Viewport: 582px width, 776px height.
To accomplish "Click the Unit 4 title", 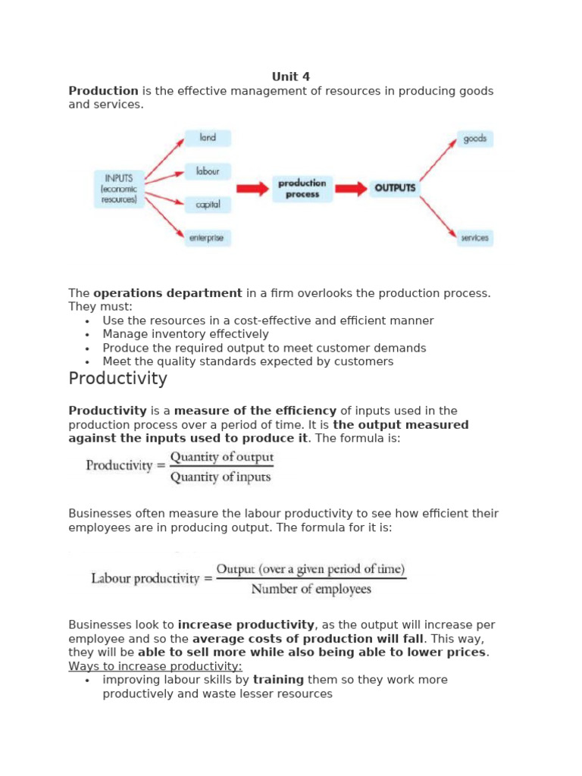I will tap(291, 77).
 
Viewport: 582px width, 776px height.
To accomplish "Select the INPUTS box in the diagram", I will tap(118, 189).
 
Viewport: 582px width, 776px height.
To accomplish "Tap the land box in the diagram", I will tap(208, 138).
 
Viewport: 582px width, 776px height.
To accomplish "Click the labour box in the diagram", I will tap(208, 171).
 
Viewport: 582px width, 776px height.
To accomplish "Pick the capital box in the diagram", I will tap(208, 205).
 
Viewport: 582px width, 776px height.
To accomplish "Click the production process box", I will tap(302, 189).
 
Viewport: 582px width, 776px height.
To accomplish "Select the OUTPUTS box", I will tap(395, 188).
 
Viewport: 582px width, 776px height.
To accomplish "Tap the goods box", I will tap(474, 139).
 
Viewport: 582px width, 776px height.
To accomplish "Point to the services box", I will tap(474, 238).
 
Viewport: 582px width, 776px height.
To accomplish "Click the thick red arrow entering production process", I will tap(252, 189).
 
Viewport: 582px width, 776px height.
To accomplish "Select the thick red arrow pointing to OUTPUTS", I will tap(351, 189).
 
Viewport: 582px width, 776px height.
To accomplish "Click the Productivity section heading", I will tap(117, 378).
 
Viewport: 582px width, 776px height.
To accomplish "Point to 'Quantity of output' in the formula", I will tap(221, 458).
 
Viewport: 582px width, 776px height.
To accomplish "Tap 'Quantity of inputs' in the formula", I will tap(220, 477).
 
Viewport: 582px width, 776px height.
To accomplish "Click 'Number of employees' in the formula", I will tap(311, 589).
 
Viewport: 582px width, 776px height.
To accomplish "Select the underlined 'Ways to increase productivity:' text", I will tap(155, 666).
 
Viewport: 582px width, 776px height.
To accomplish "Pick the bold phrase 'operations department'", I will tap(167, 293).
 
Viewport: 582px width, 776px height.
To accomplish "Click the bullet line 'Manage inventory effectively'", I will tap(186, 334).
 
